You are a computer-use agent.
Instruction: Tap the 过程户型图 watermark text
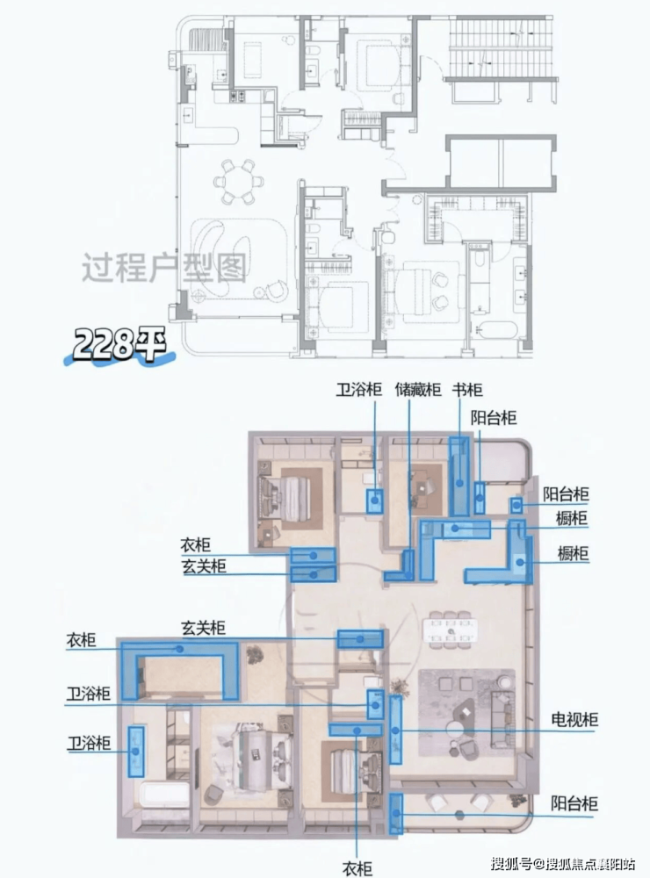point(164,268)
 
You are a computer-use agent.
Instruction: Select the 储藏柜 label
point(418,390)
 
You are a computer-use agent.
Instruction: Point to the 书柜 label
point(467,390)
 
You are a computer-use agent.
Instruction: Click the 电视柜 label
point(574,719)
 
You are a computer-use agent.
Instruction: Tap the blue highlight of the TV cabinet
point(395,730)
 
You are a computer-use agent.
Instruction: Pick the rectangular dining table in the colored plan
point(451,630)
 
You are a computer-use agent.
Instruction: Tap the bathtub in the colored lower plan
point(164,795)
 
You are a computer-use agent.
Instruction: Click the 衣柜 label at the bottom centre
point(357,868)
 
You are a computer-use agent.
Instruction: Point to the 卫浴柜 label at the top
point(359,390)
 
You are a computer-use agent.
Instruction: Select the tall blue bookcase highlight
point(459,477)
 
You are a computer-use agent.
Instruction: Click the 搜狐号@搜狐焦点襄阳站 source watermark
point(563,863)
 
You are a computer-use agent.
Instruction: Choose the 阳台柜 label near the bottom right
point(574,803)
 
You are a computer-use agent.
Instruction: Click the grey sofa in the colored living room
point(502,720)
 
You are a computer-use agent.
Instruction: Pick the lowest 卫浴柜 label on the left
point(89,743)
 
